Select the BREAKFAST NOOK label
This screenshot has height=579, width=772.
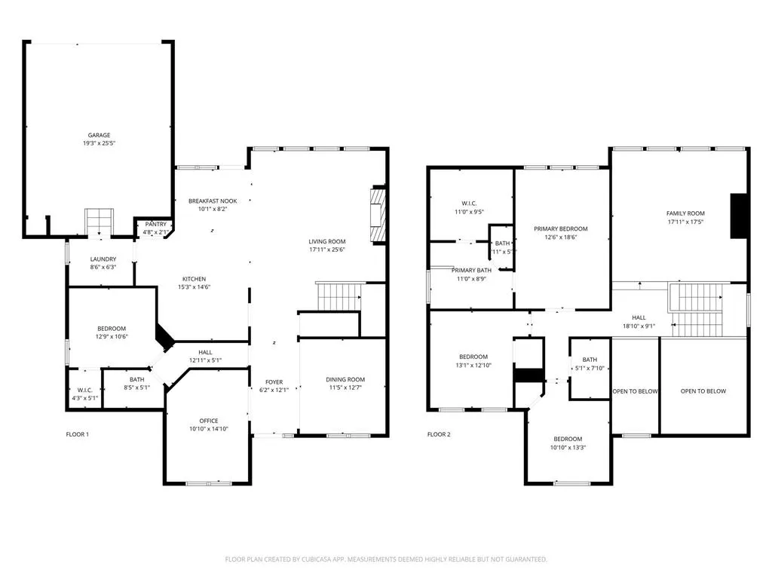tap(213, 201)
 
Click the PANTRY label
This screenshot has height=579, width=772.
tap(155, 224)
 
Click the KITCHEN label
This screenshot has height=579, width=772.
tap(193, 278)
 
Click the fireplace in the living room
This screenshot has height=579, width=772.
tap(377, 215)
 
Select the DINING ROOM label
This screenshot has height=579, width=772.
tap(345, 379)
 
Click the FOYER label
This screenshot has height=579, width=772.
tap(273, 381)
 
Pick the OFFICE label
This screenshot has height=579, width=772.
tap(208, 421)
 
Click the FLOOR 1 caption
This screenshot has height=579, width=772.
tap(78, 434)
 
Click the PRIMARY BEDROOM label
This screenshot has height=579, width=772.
tap(560, 228)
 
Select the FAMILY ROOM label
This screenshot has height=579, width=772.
tap(685, 213)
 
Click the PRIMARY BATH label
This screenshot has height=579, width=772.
tap(471, 270)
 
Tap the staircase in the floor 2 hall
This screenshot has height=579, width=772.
tap(696, 311)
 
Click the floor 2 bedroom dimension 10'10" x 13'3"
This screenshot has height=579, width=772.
tap(568, 448)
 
